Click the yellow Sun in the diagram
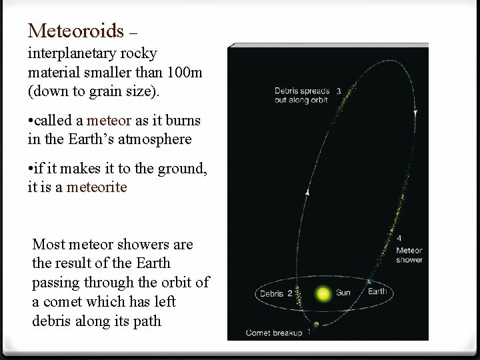click(324, 293)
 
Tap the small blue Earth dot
click(369, 283)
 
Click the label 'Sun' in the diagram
click(344, 292)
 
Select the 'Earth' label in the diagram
click(377, 291)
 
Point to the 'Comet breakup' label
click(273, 332)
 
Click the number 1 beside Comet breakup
click(309, 332)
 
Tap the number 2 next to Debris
click(290, 293)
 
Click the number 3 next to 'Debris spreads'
click(339, 91)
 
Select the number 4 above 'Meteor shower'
click(399, 237)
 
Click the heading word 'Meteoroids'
click(76, 30)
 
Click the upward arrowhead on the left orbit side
click(307, 192)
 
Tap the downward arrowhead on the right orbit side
click(416, 113)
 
